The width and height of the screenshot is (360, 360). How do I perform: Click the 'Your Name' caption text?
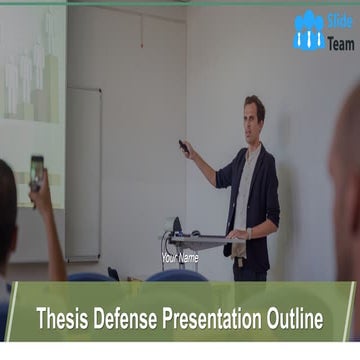pyautogui.click(x=180, y=258)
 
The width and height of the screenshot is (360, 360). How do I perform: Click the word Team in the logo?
pyautogui.click(x=340, y=42)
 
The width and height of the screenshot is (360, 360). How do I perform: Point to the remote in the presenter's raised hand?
pyautogui.click(x=184, y=146)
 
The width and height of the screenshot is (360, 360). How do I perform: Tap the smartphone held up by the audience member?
pyautogui.click(x=37, y=169)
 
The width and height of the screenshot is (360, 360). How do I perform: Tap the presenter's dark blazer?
pyautogui.click(x=265, y=190)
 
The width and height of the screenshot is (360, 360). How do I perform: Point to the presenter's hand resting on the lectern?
pyautogui.click(x=237, y=235)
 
